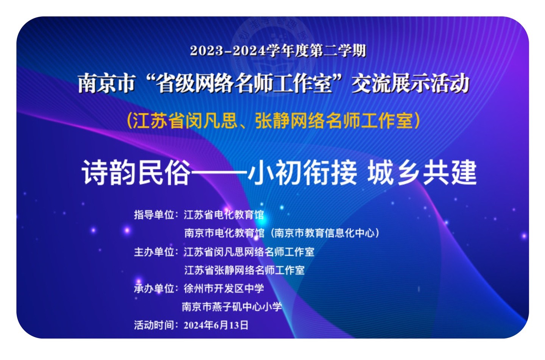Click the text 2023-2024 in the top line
pyautogui.click(x=227, y=51)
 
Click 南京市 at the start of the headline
pyautogui.click(x=106, y=84)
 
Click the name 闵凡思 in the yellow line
pyautogui.click(x=211, y=121)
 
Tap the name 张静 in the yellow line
pyautogui.click(x=272, y=121)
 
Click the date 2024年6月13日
pyautogui.click(x=216, y=325)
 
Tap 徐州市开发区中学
pyautogui.click(x=224, y=289)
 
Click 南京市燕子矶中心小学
pyautogui.click(x=232, y=307)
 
